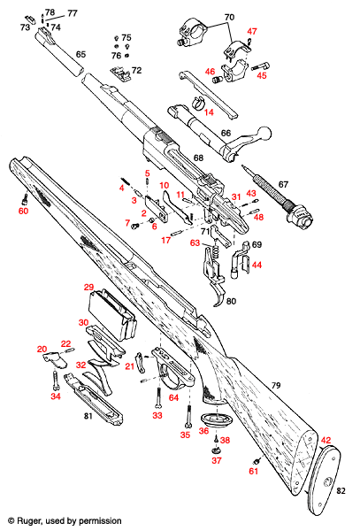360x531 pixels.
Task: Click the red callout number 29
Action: click(x=88, y=288)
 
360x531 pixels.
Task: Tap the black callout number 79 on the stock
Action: click(x=276, y=385)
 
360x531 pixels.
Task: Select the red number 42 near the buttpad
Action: click(x=326, y=440)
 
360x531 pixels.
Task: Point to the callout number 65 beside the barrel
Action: click(x=80, y=55)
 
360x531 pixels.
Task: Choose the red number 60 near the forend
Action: click(x=23, y=211)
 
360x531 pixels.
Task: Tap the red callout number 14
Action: click(x=210, y=112)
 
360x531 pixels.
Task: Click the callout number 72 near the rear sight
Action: click(x=137, y=70)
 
